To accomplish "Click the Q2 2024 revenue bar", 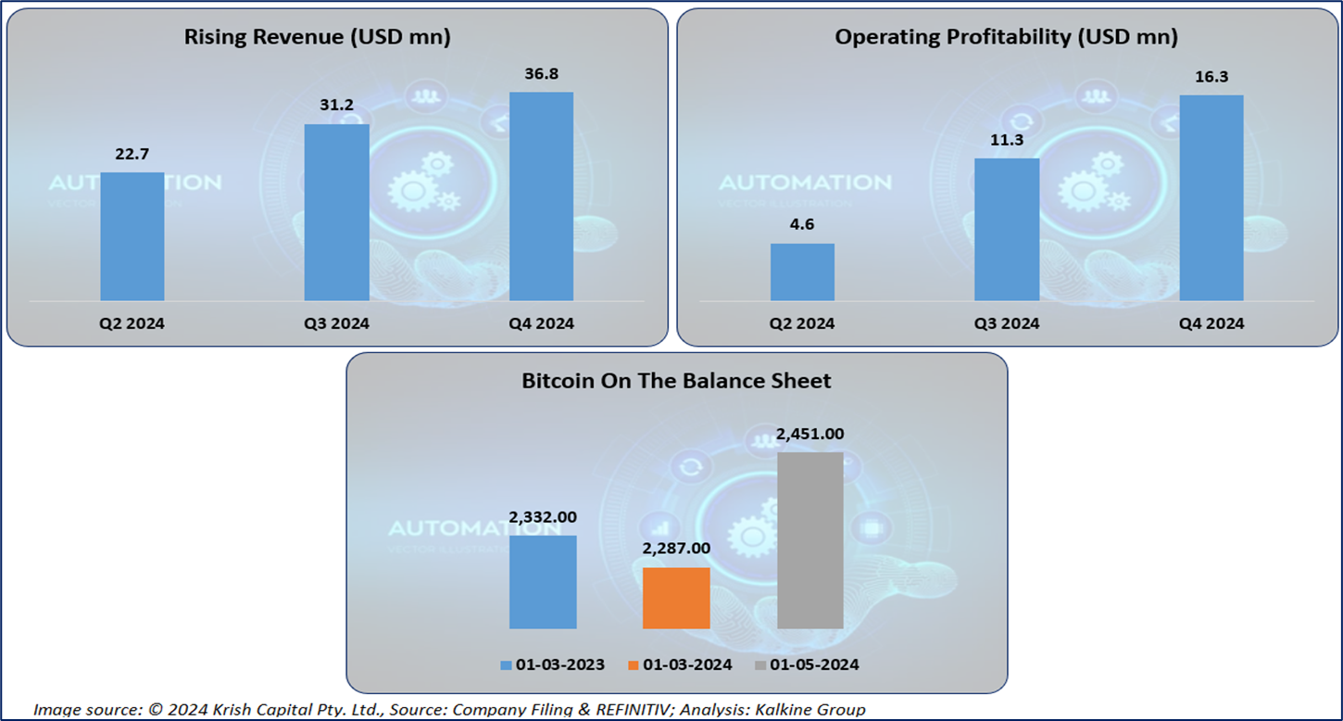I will pyautogui.click(x=132, y=236).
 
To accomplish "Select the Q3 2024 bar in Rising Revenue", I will pyautogui.click(x=337, y=212).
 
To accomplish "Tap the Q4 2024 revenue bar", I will pyautogui.click(x=541, y=196).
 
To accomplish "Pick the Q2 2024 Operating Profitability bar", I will pyautogui.click(x=802, y=272).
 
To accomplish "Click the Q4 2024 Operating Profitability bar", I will pyautogui.click(x=1211, y=197).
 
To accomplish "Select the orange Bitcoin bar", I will pyautogui.click(x=676, y=598).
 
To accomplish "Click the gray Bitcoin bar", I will pyautogui.click(x=810, y=540).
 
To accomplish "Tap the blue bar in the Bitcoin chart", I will pyautogui.click(x=543, y=582).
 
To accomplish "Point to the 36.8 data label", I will pyautogui.click(x=541, y=72).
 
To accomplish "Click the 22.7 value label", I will pyautogui.click(x=132, y=153).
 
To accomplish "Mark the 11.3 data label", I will pyautogui.click(x=1007, y=139).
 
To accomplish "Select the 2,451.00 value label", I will pyautogui.click(x=810, y=434).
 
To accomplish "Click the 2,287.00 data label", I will pyautogui.click(x=676, y=549).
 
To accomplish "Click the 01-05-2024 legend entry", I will pyautogui.click(x=808, y=664).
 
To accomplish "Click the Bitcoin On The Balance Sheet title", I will pyautogui.click(x=676, y=380).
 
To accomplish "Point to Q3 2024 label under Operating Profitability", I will pyautogui.click(x=1007, y=323).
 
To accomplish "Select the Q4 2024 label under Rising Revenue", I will pyautogui.click(x=541, y=323).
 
